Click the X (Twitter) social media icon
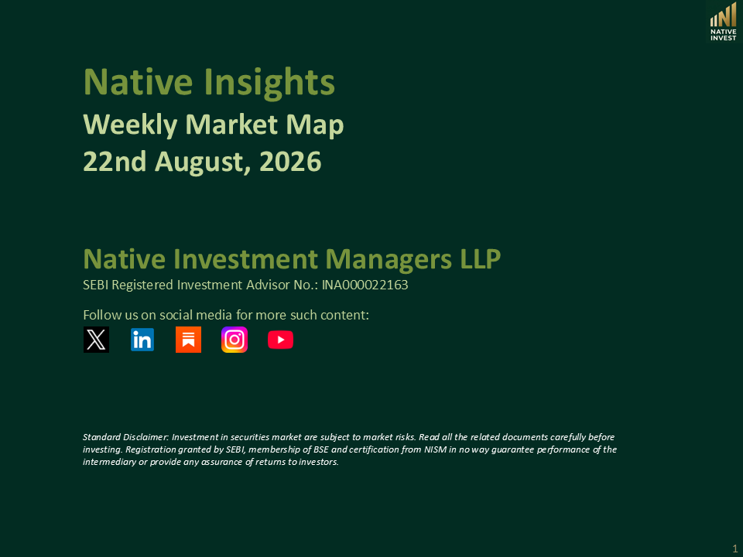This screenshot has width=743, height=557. tap(96, 340)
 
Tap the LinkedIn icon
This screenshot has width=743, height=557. tap(142, 340)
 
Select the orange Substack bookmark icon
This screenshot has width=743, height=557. tap(188, 340)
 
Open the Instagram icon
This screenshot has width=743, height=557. tap(235, 340)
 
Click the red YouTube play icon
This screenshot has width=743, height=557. tap(280, 340)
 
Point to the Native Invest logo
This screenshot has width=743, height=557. tap(723, 22)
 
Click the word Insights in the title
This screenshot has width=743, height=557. tap(269, 83)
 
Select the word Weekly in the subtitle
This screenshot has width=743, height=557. tap(130, 125)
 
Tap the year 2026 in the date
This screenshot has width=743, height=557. tap(290, 162)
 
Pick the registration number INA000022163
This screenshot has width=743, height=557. tap(365, 285)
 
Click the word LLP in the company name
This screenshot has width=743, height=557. tap(481, 259)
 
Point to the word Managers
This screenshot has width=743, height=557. tap(389, 260)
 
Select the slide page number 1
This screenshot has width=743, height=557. tap(735, 548)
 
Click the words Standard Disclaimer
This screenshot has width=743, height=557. tap(125, 436)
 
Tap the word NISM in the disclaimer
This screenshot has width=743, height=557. tap(435, 449)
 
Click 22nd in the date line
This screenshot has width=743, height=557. tap(115, 162)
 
